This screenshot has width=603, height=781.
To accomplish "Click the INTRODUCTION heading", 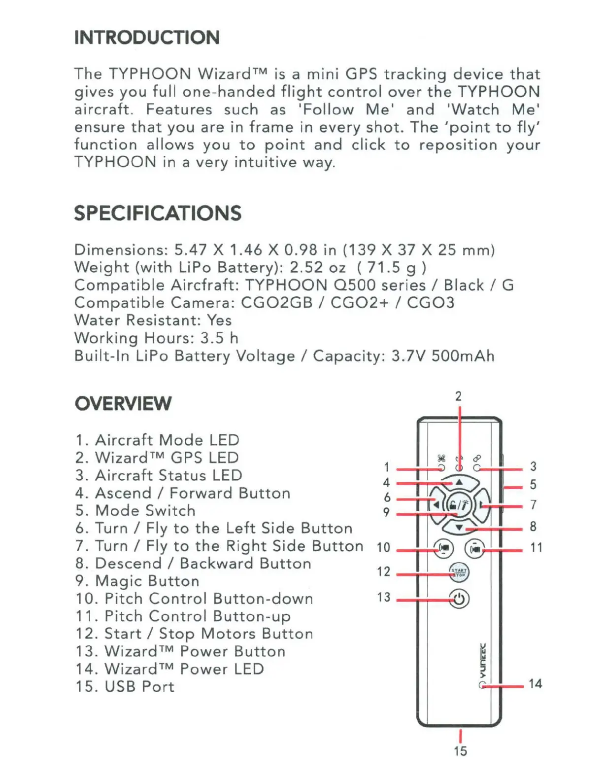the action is click(147, 37).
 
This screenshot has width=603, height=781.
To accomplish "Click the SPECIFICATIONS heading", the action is click(158, 213).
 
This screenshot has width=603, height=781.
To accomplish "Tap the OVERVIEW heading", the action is click(123, 403).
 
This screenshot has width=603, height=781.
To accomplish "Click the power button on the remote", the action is click(459, 599).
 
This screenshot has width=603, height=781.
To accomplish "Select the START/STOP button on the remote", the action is click(459, 572).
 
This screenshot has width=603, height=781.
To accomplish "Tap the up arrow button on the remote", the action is click(459, 482).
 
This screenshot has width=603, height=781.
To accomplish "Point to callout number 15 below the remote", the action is click(460, 751).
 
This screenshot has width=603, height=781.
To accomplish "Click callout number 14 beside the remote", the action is click(536, 684).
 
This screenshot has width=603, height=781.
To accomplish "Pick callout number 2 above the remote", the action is click(458, 396).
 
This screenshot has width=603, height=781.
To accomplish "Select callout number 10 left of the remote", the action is click(383, 547).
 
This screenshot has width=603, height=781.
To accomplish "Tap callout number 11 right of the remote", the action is click(536, 547).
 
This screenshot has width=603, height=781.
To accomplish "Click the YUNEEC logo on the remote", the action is click(483, 661).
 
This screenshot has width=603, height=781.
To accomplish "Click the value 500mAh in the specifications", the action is click(463, 356).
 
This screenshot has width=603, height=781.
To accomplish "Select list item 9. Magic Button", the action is click(137, 581).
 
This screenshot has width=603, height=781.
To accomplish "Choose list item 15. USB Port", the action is click(125, 686).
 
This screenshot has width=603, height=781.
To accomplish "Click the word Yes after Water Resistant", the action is click(219, 320).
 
